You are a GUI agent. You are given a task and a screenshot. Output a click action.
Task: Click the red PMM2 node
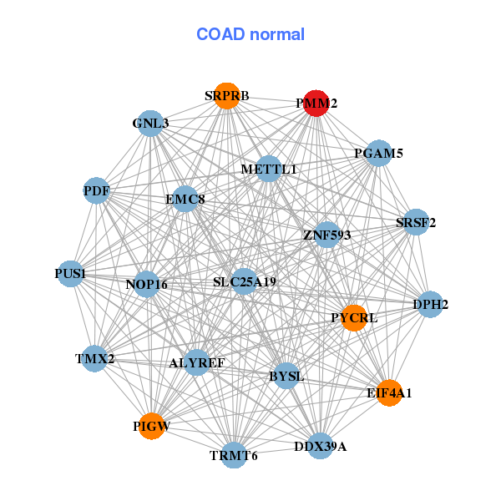315,103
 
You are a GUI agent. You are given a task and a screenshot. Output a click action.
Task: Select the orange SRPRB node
226,95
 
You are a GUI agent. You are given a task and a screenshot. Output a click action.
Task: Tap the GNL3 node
149,124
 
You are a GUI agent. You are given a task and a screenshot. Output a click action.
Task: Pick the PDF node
96,190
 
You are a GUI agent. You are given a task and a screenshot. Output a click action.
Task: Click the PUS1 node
70,274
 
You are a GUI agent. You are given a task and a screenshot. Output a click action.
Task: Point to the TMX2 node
94,359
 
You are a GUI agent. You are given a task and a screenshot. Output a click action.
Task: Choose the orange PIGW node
151,426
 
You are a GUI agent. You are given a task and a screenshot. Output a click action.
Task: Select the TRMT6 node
234,455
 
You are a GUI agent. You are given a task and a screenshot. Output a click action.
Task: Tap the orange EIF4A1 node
389,392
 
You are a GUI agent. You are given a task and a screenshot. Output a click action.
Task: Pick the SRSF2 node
415,222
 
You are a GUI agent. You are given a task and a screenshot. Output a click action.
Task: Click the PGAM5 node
378,153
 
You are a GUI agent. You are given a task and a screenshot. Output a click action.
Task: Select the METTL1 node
269,169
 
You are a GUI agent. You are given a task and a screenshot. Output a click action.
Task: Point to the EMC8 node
185,200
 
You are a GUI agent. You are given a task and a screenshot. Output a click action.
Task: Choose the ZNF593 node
326,235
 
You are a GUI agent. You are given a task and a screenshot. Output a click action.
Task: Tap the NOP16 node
147,284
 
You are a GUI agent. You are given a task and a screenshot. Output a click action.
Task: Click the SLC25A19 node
244,281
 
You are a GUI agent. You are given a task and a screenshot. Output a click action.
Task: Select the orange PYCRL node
354,317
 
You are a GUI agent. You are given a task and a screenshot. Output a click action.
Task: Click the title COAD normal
250,34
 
